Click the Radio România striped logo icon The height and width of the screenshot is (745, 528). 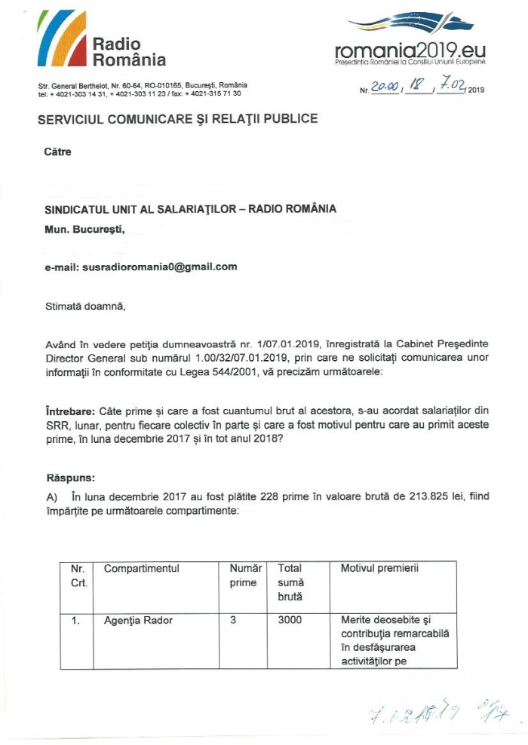[x=63, y=40]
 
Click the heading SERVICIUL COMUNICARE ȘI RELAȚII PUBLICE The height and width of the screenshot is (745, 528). [x=177, y=118]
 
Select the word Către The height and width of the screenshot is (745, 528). [x=58, y=151]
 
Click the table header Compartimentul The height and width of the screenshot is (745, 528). [x=142, y=569]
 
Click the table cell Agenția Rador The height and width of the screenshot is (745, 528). [x=139, y=621]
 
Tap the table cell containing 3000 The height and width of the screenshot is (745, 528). [x=290, y=621]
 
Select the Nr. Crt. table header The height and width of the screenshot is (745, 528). [x=78, y=576]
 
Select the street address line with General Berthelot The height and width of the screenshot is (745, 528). [x=143, y=85]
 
